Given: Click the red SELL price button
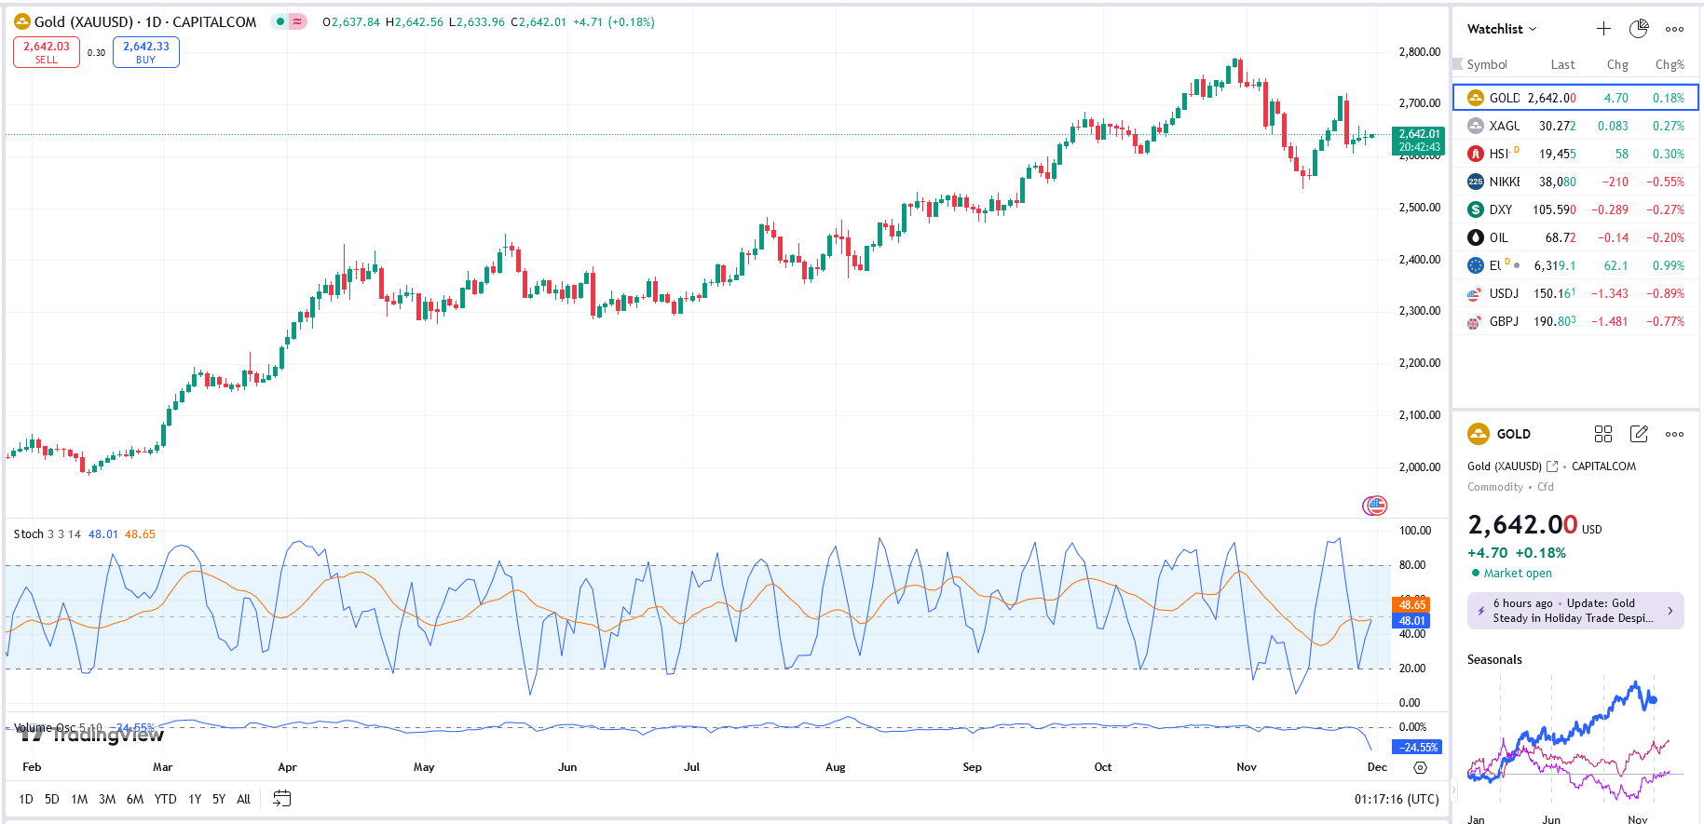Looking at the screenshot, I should pyautogui.click(x=47, y=52).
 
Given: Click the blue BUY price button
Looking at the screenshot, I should pyautogui.click(x=146, y=52).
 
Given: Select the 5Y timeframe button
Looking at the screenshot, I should pyautogui.click(x=219, y=799).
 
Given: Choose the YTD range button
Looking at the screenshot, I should pyautogui.click(x=165, y=799).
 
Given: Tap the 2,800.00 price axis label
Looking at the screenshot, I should pyautogui.click(x=1419, y=52).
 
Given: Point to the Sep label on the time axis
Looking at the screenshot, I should pyautogui.click(x=972, y=767).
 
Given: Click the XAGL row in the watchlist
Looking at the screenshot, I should pyautogui.click(x=1574, y=126).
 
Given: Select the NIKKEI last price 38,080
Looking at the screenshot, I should pyautogui.click(x=1557, y=182).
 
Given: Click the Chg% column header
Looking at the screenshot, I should pyautogui.click(x=1669, y=64).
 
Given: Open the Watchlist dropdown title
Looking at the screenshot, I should pyautogui.click(x=1501, y=29).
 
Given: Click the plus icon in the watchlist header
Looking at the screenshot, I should pyautogui.click(x=1603, y=29).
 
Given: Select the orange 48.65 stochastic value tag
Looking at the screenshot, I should pyautogui.click(x=1412, y=604).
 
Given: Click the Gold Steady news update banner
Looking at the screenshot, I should pyautogui.click(x=1574, y=611).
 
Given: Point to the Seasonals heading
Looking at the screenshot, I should pyautogui.click(x=1494, y=659).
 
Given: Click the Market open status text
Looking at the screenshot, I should pyautogui.click(x=1517, y=574).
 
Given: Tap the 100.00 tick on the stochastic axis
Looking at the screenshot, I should pyautogui.click(x=1415, y=531).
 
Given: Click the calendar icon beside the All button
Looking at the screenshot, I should pyautogui.click(x=282, y=799).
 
